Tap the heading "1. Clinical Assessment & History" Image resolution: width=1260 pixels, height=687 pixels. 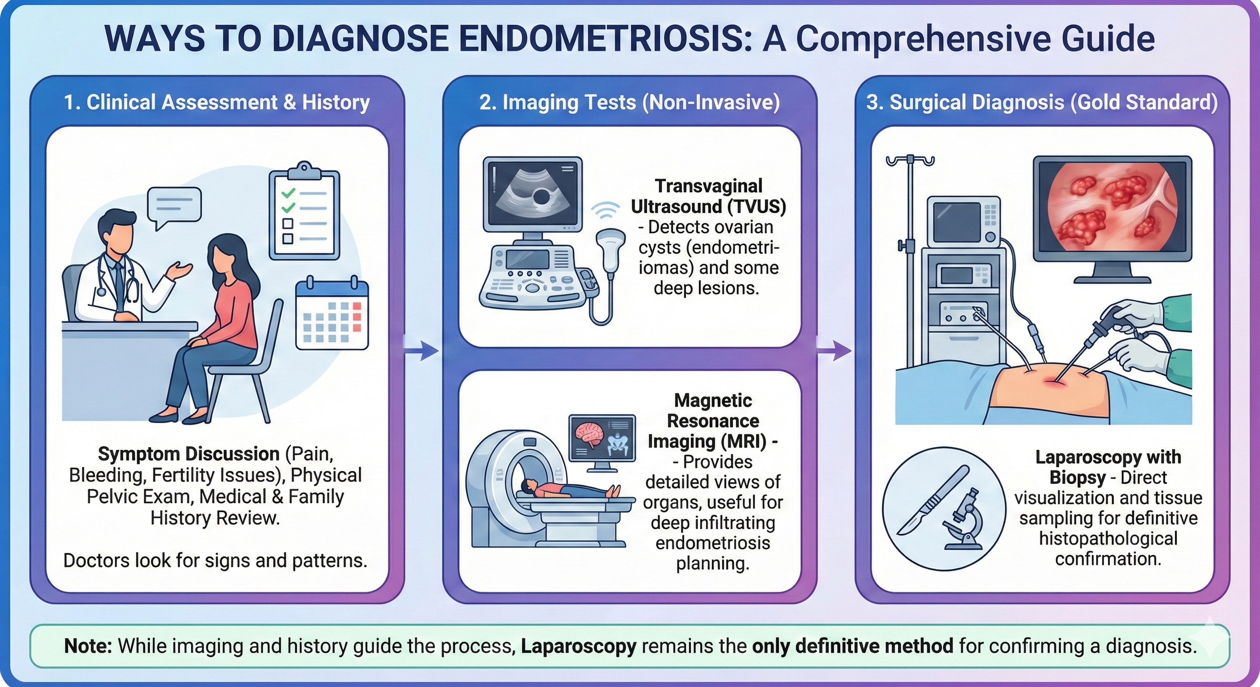click(x=217, y=102)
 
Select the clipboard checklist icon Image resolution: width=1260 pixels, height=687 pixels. click(x=304, y=212)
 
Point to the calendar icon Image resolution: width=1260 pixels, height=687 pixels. click(x=332, y=314)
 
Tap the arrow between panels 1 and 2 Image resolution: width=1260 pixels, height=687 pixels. click(x=422, y=351)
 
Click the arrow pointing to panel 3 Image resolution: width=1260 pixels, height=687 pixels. click(x=835, y=351)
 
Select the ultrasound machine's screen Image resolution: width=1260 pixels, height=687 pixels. click(x=533, y=193)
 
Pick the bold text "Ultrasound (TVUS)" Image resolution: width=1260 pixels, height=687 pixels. click(x=708, y=207)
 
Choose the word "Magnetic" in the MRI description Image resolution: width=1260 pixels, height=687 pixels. click(x=713, y=400)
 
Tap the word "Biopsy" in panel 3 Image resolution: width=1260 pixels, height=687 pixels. click(x=1077, y=477)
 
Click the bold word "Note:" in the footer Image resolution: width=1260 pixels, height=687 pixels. click(x=88, y=646)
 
